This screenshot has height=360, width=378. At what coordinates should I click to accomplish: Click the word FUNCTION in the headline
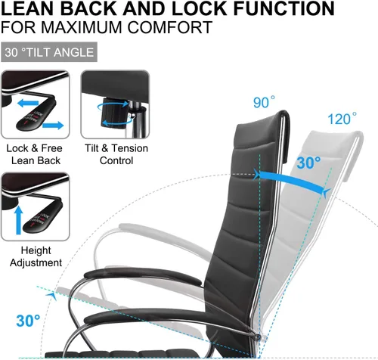[x=284, y=8]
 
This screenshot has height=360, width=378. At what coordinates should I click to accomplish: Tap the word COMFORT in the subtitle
[x=170, y=27]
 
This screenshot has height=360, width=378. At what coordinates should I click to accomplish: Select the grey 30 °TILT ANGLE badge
[x=49, y=52]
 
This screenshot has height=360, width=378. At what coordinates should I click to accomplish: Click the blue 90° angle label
[x=264, y=102]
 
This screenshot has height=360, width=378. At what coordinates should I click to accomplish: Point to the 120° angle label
[x=342, y=119]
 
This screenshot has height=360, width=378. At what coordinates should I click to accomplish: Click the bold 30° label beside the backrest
[x=308, y=163]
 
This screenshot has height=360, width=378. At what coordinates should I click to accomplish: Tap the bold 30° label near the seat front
[x=28, y=321]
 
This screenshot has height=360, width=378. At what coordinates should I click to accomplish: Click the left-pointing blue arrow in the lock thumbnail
[x=28, y=103]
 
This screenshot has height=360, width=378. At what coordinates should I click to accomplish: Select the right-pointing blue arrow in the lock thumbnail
[x=53, y=125]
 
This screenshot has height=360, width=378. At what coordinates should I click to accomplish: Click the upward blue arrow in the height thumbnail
[x=18, y=220]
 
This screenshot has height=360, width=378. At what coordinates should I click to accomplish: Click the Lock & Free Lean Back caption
[x=35, y=154]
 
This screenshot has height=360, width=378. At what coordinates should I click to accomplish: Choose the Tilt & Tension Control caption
[x=116, y=154]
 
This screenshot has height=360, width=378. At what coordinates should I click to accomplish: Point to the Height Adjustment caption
[x=36, y=256]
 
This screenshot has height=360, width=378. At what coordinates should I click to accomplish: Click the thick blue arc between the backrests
[x=290, y=180]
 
